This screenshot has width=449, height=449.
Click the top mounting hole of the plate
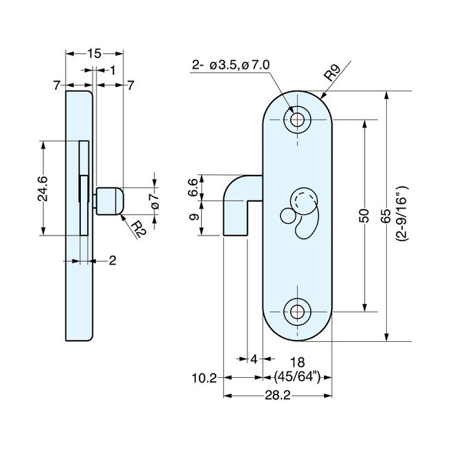(x=298, y=120)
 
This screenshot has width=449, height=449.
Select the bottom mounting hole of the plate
(x=298, y=310)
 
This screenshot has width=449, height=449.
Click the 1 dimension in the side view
(x=111, y=69)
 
